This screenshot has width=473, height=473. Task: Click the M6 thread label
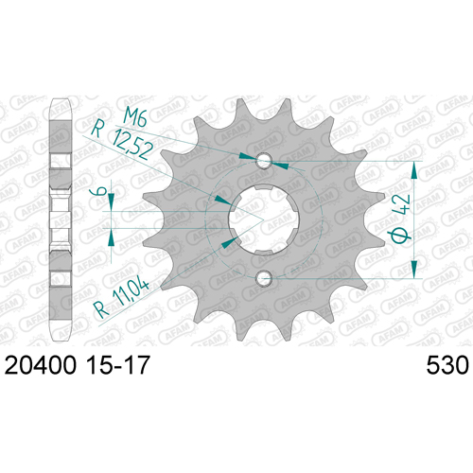tap(135, 116)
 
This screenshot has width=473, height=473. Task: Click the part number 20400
tap(41, 365)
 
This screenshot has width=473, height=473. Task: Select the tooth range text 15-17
tap(117, 365)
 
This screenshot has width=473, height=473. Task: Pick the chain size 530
tap(447, 366)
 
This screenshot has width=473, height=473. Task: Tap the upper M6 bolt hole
tap(264, 161)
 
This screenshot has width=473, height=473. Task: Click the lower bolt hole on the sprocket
tap(264, 278)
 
